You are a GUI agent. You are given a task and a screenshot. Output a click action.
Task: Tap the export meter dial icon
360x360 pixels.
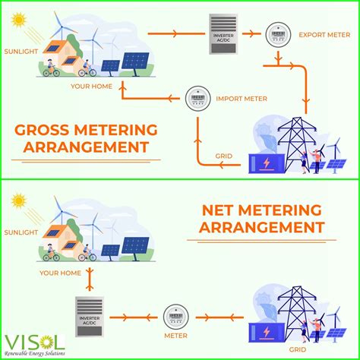[x=276, y=35]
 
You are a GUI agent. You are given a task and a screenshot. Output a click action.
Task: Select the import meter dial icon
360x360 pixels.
[x=196, y=97]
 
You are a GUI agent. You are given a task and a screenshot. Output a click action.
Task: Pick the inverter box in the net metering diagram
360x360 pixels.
[x=90, y=314]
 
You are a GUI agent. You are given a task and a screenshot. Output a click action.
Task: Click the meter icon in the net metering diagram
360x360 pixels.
[x=175, y=313]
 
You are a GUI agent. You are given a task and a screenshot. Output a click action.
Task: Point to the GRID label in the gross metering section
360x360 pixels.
[x=223, y=157]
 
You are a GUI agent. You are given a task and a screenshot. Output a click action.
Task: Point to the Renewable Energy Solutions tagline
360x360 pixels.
[x=36, y=353]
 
